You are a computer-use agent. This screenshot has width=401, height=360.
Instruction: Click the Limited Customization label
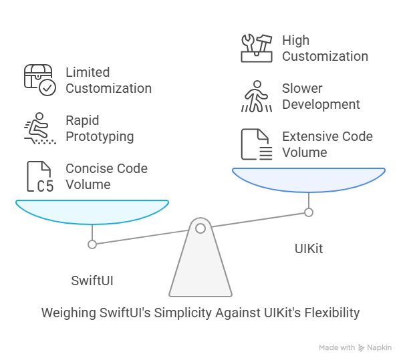(x=108, y=80)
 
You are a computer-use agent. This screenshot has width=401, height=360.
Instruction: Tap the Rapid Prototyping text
(x=100, y=128)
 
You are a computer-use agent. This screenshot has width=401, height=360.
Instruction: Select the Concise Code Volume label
(x=107, y=176)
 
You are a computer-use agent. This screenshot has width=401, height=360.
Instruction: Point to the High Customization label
(x=325, y=48)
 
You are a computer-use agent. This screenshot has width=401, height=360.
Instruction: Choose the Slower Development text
(x=321, y=96)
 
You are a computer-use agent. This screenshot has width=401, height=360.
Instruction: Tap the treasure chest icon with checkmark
(x=40, y=80)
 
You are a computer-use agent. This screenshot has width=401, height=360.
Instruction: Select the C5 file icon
(x=39, y=176)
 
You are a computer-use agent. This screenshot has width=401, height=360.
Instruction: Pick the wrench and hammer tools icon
(x=256, y=47)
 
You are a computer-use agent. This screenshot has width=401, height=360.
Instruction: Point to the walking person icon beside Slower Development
(x=256, y=96)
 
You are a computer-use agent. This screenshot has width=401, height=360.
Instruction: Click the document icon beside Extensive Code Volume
(x=256, y=145)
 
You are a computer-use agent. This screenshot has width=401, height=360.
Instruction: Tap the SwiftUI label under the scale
(x=92, y=280)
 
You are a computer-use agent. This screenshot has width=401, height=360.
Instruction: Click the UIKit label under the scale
(x=309, y=248)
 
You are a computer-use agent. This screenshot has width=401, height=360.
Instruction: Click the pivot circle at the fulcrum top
(x=200, y=229)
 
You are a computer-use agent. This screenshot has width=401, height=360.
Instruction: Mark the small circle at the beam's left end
(x=92, y=244)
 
